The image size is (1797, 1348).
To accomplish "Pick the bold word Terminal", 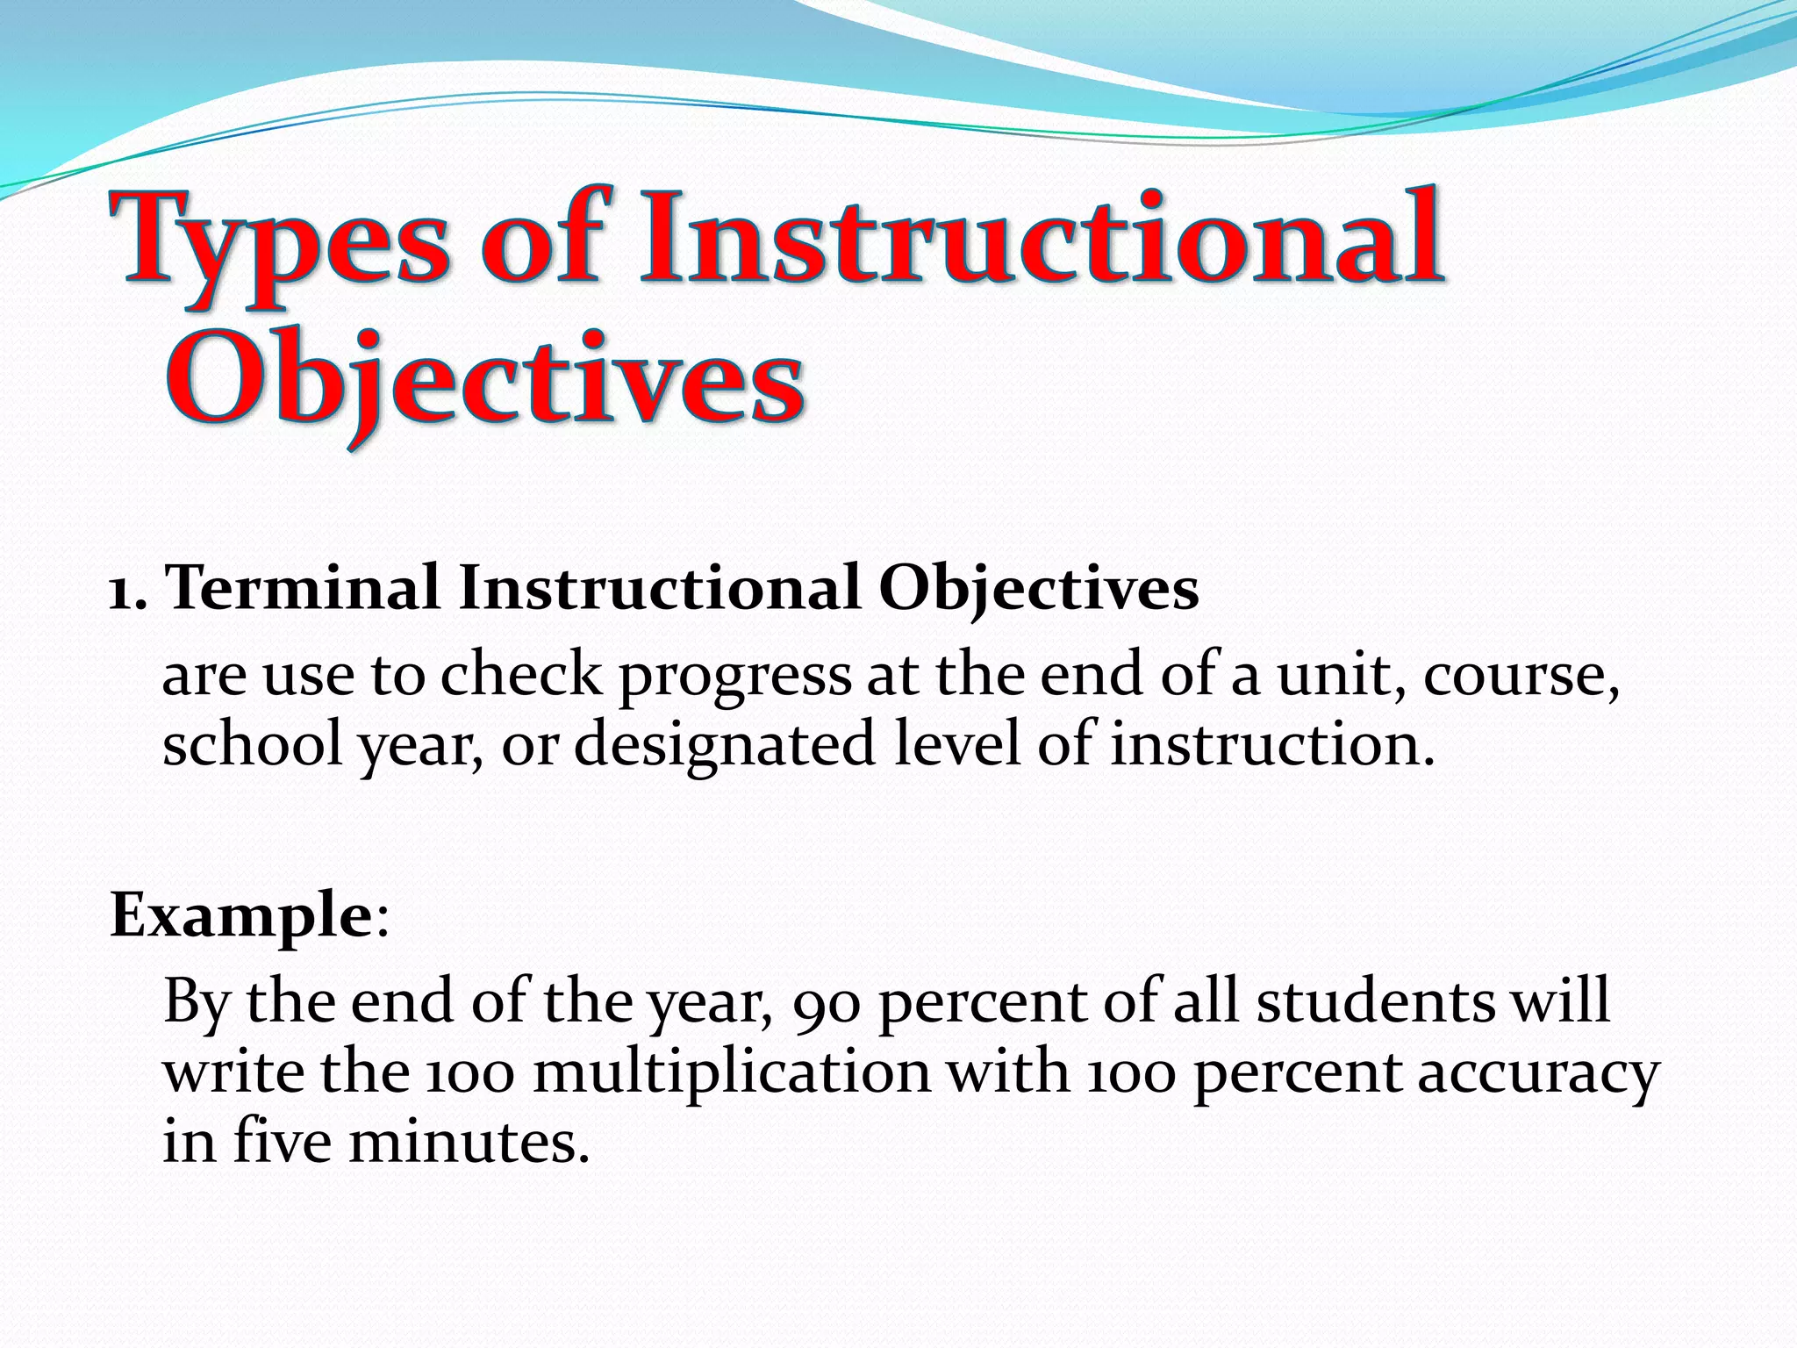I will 303,588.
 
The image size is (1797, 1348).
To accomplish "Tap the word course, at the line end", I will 1521,676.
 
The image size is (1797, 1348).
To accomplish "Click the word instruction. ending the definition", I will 1272,744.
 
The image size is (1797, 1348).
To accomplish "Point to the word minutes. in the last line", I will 469,1143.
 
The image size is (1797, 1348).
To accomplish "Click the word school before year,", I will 252,744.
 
